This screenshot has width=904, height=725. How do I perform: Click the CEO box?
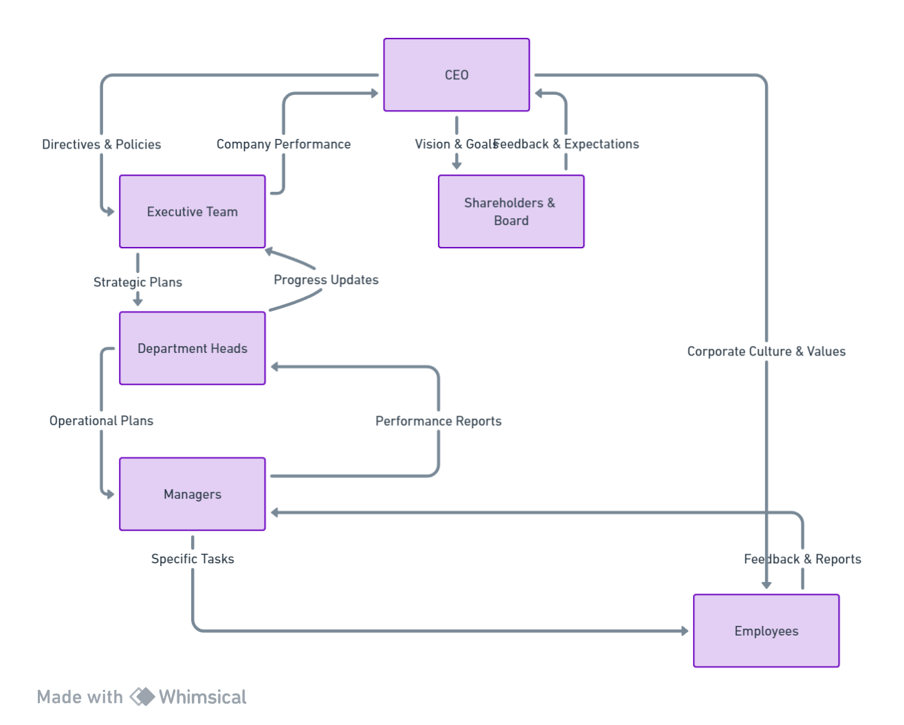click(x=456, y=75)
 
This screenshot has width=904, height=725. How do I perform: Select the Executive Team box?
click(x=192, y=212)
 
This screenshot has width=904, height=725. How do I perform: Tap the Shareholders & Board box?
click(x=511, y=212)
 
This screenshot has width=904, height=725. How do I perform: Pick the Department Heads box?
click(x=192, y=349)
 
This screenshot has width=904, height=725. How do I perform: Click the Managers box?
click(x=192, y=495)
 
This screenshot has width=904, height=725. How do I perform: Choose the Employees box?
click(x=767, y=631)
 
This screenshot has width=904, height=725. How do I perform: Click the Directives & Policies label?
click(x=102, y=144)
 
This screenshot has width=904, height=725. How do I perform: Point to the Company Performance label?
click(x=283, y=144)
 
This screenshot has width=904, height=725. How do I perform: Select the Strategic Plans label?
click(x=137, y=282)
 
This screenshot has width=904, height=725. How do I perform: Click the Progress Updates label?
click(x=326, y=280)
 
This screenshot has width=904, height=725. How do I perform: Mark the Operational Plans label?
click(x=101, y=421)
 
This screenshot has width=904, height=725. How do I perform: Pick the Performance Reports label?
click(x=438, y=421)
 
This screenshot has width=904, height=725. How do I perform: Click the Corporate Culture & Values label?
click(x=767, y=351)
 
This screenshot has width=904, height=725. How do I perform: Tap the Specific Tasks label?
click(x=192, y=559)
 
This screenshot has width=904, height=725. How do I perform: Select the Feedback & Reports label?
click(x=802, y=559)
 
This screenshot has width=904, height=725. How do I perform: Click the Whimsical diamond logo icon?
click(x=142, y=697)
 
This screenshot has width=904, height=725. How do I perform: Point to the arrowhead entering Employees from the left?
click(x=684, y=631)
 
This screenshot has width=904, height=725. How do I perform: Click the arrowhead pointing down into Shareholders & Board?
click(x=456, y=165)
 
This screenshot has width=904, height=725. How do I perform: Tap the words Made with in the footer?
click(x=80, y=697)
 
